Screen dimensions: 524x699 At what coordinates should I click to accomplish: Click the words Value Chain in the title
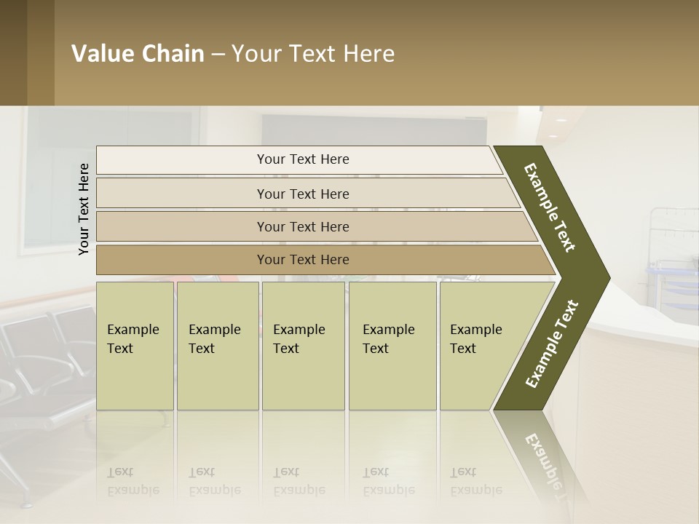click(x=138, y=54)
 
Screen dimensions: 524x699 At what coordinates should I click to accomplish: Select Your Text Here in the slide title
click(x=313, y=54)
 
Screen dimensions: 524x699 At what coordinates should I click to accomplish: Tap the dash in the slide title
click(x=218, y=55)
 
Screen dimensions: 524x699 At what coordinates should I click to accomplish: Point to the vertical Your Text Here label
click(x=84, y=209)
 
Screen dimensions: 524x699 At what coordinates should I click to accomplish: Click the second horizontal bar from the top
click(x=303, y=194)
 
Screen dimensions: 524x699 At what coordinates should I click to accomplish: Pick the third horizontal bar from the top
click(x=303, y=226)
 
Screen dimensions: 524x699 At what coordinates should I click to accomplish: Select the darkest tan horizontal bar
click(x=303, y=260)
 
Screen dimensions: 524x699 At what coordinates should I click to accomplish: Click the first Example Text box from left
click(x=135, y=346)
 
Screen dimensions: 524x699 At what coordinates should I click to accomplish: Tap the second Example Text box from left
click(x=217, y=346)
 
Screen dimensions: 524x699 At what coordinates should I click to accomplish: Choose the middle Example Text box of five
click(x=303, y=346)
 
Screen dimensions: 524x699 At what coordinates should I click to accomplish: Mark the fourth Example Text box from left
click(x=392, y=346)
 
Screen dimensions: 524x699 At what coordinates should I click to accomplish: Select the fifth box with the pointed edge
click(x=481, y=346)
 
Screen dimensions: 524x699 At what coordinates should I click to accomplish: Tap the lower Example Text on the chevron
click(x=552, y=344)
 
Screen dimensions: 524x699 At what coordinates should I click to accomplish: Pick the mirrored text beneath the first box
click(x=133, y=481)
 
